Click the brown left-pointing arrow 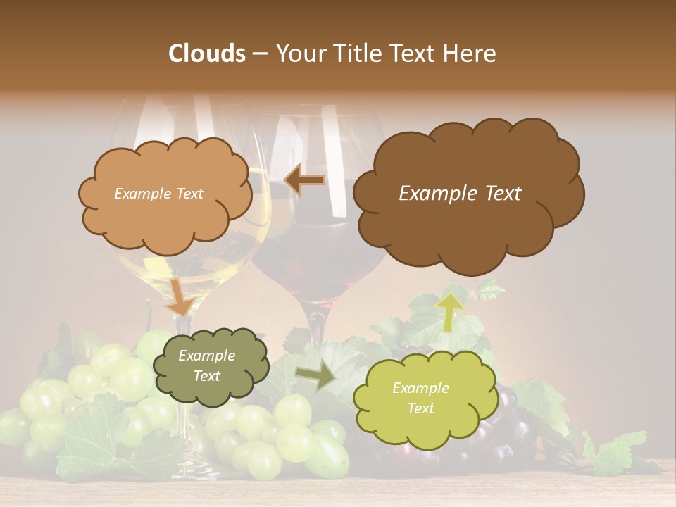click(304, 180)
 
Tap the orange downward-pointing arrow click(180, 296)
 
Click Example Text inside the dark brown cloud click(460, 194)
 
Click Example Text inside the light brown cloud click(158, 194)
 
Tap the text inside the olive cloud click(206, 366)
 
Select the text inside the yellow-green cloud click(420, 398)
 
